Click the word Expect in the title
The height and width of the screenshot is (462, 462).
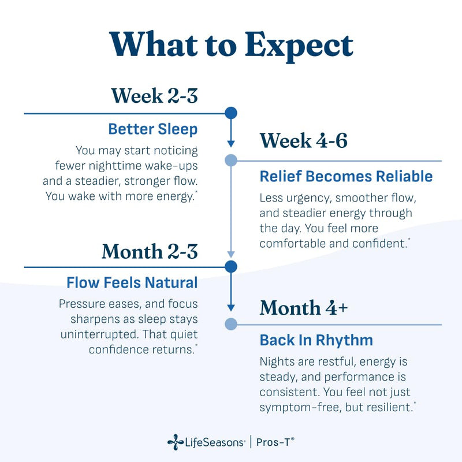click(x=299, y=46)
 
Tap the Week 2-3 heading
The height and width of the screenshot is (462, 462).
click(x=154, y=95)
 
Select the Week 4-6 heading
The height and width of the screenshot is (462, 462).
click(x=304, y=140)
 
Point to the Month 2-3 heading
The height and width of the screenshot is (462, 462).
click(x=150, y=251)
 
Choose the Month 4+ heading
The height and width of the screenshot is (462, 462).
click(x=304, y=308)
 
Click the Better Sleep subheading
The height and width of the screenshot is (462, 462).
click(x=153, y=129)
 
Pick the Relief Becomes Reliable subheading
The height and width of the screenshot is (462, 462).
click(x=346, y=177)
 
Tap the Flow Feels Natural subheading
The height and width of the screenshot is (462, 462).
click(x=132, y=282)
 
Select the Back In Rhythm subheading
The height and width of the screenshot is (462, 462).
click(x=316, y=340)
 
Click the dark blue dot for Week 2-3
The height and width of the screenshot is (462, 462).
click(x=231, y=113)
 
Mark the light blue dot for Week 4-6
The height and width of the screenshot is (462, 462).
click(x=231, y=161)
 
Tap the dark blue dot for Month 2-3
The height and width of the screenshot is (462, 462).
click(x=231, y=267)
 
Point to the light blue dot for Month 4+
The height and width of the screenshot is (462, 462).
click(x=231, y=324)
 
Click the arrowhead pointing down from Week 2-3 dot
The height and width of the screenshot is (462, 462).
click(x=231, y=144)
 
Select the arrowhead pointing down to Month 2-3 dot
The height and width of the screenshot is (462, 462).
click(x=231, y=255)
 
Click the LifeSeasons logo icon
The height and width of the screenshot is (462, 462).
click(x=176, y=442)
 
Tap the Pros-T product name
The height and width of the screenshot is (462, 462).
click(x=275, y=442)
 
